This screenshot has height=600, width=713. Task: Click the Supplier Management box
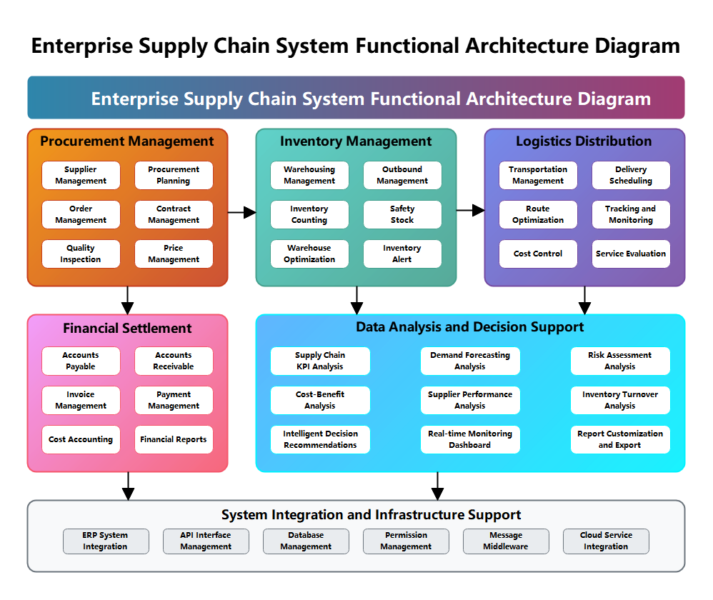click(81, 175)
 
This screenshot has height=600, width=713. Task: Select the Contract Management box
click(174, 214)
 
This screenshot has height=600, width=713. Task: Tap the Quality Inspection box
click(81, 254)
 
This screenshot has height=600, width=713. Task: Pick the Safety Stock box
click(402, 214)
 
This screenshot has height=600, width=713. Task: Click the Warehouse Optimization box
click(309, 254)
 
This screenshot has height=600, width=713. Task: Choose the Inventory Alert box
click(402, 254)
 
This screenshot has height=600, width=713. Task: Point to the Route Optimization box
click(538, 214)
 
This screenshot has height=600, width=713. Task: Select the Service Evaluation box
click(631, 254)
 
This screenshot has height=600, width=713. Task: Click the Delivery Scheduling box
click(631, 175)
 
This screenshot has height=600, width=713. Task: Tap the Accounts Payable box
click(81, 361)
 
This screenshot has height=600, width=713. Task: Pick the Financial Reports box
click(174, 439)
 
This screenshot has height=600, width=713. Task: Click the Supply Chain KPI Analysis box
click(320, 361)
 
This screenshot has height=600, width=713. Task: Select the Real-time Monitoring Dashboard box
click(470, 439)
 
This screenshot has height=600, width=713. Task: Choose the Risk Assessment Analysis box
click(620, 361)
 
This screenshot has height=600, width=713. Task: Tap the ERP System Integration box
click(106, 541)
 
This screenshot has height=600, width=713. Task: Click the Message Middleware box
click(506, 541)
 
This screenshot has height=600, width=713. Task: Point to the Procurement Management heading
click(127, 141)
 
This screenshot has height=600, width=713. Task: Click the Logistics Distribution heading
click(584, 141)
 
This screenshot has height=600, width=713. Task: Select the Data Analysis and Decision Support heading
click(470, 327)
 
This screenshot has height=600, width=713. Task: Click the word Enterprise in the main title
click(135, 99)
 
